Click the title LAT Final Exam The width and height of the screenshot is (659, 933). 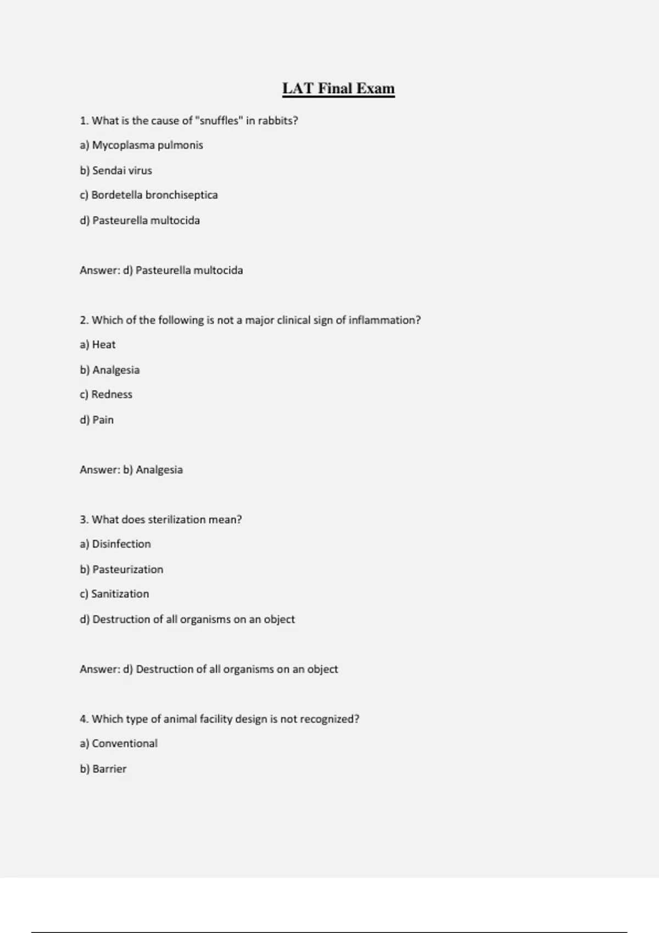[338, 88]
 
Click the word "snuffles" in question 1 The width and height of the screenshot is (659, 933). [219, 121]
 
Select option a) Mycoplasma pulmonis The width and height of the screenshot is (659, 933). [141, 145]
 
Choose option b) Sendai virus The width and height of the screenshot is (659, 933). [116, 171]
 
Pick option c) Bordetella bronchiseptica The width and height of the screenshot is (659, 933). [148, 195]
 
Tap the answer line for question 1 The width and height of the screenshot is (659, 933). [161, 270]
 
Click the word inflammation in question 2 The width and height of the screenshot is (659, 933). [384, 320]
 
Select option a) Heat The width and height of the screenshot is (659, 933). [98, 345]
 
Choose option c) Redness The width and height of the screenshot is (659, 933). [106, 395]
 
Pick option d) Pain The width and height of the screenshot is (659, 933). [97, 420]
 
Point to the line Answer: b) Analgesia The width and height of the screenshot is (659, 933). [131, 470]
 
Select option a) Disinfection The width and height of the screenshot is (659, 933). [115, 544]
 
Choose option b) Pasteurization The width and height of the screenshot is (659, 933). [121, 570]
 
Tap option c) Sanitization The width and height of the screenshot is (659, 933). [114, 594]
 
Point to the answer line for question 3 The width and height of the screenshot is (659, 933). [209, 669]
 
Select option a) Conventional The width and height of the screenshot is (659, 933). [119, 744]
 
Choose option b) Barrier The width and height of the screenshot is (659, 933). [103, 769]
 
